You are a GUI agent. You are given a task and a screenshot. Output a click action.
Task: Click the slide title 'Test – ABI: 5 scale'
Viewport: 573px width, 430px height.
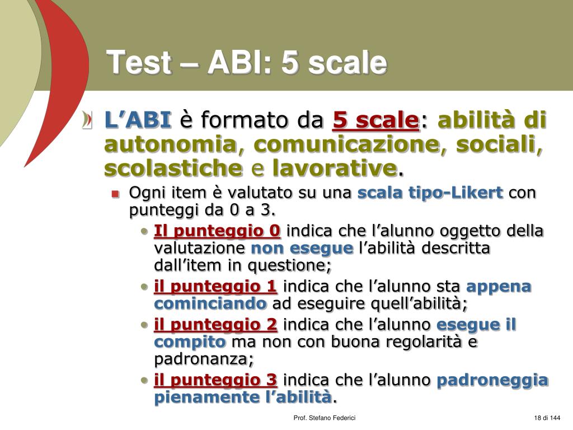[x=247, y=62]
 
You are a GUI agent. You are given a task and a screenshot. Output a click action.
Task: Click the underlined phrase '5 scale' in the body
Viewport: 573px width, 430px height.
[x=375, y=120]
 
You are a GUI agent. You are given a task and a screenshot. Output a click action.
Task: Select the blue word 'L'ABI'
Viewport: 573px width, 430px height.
[x=138, y=120]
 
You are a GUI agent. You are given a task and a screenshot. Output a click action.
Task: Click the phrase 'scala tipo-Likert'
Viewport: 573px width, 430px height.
[x=430, y=193]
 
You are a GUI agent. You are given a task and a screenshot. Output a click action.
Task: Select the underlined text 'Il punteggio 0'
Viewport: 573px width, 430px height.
[x=217, y=231]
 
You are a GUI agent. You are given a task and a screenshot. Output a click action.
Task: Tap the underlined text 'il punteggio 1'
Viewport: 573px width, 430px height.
[x=215, y=287]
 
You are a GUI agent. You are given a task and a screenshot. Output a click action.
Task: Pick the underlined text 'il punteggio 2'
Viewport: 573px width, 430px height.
[x=215, y=325]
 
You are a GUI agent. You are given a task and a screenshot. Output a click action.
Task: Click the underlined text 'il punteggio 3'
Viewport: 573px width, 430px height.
[x=215, y=380]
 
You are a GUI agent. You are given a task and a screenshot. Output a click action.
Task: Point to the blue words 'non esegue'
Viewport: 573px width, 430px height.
[x=302, y=248]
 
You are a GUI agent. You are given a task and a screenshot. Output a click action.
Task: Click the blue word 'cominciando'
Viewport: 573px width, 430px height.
[x=210, y=304]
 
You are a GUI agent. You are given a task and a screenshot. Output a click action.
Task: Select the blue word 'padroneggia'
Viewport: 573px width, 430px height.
[x=492, y=380]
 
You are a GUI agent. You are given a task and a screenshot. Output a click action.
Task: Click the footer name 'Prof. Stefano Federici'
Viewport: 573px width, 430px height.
[x=325, y=418]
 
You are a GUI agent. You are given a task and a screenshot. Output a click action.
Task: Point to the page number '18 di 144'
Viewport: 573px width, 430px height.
[x=547, y=418]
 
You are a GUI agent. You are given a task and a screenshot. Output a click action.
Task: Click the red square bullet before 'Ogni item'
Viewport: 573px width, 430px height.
[x=115, y=194]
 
